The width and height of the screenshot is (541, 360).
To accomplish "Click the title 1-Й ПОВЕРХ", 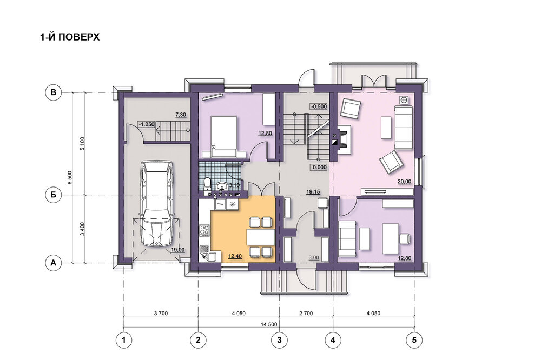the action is [70, 37].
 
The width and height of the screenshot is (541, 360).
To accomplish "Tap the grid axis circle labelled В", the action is [53, 92].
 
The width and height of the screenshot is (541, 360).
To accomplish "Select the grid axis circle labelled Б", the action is [53, 195].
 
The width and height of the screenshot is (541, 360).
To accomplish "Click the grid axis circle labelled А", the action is [53, 263].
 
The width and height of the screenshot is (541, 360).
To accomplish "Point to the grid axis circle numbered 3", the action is [279, 340].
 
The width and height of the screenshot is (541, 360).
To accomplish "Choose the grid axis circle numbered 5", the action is [414, 340].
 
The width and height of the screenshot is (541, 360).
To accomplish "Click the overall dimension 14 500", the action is [269, 324].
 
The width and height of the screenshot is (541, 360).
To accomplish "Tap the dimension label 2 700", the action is [306, 314].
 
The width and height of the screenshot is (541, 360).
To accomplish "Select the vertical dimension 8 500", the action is [69, 178].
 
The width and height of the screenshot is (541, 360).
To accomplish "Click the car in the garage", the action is [157, 203].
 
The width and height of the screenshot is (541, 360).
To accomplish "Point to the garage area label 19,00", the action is [177, 250].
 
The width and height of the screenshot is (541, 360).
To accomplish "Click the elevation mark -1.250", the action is [146, 124].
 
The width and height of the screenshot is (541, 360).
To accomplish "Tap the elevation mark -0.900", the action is [319, 106].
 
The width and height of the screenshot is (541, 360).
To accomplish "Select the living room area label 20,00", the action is [404, 182].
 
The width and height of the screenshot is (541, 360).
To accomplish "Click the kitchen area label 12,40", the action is [235, 256].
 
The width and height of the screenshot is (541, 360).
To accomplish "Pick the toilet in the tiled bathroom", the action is [207, 183].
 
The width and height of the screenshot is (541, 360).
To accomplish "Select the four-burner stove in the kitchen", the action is [204, 230].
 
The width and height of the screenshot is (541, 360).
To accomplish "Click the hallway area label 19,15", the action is [313, 192].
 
